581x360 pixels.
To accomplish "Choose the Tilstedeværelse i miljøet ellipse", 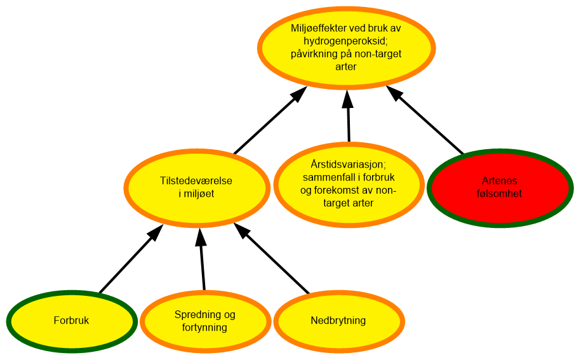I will [196, 206].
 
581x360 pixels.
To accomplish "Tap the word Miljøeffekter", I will [320, 29].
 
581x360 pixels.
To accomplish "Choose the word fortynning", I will [204, 327].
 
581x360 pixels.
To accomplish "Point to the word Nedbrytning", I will [338, 321].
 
